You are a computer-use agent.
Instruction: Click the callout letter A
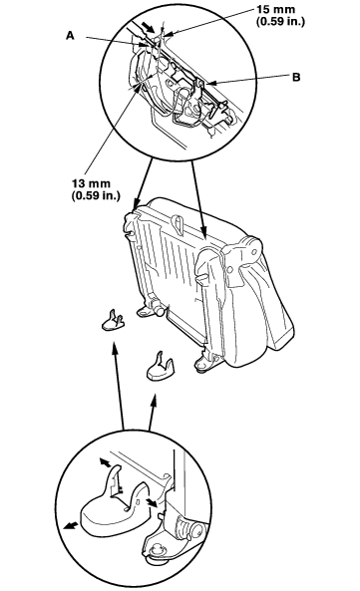tap(70, 36)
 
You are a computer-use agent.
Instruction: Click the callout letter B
tap(296, 77)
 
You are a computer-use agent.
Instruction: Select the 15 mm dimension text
tap(276, 9)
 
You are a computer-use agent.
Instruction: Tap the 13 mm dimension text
tap(91, 183)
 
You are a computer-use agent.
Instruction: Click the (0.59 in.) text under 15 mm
tap(280, 21)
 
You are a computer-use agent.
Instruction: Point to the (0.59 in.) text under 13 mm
tap(96, 195)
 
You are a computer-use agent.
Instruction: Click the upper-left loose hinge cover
tap(113, 320)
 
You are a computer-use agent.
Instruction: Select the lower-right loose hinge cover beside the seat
tap(161, 366)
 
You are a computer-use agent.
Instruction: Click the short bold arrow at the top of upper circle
tap(148, 26)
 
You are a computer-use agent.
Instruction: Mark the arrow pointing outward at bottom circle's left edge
tap(71, 526)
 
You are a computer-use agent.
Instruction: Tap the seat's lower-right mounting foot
tap(205, 362)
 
